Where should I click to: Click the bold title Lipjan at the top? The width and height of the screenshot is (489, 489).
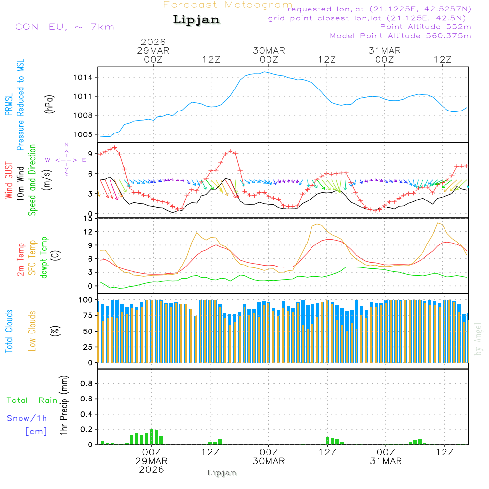click(x=196, y=20)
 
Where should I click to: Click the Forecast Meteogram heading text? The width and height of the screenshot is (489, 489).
click(x=227, y=5)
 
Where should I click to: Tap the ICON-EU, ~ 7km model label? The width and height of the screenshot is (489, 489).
click(x=63, y=26)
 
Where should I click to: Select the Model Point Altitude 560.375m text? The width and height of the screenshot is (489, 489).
click(x=400, y=36)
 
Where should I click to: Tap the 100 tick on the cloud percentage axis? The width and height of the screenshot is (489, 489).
click(x=86, y=299)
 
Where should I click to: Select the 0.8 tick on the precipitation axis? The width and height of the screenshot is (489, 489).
click(x=87, y=384)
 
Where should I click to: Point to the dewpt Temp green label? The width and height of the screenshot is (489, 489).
click(x=44, y=257)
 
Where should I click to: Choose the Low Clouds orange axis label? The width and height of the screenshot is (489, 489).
click(x=33, y=331)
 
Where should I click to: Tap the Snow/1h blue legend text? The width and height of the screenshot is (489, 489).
click(x=27, y=419)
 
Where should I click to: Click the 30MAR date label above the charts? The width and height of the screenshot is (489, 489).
click(x=269, y=51)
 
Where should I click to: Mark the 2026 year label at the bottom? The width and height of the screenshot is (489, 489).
click(x=152, y=469)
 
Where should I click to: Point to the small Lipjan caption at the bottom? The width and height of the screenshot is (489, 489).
click(x=222, y=473)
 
